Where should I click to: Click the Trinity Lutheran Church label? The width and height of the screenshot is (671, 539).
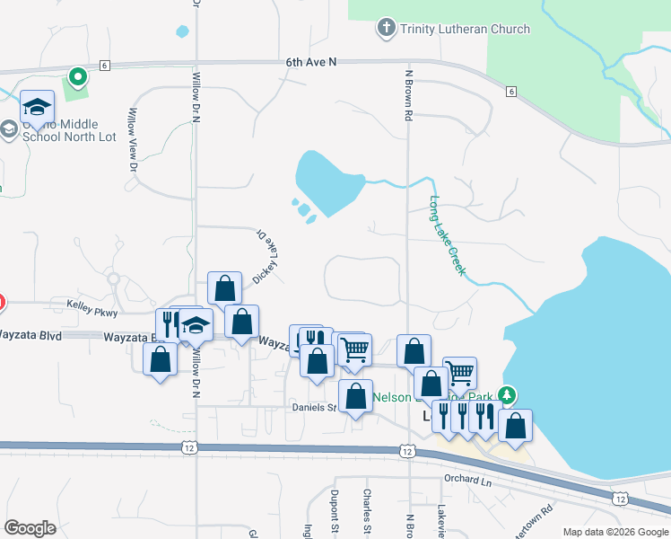point(465,29)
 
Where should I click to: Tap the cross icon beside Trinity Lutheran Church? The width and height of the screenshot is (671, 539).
point(387,28)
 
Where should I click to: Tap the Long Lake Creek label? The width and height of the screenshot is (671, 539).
point(448,235)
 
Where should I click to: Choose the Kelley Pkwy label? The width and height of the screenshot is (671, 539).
point(91,305)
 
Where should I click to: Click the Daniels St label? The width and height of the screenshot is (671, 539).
point(312,407)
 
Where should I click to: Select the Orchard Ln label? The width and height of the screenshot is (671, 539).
point(468,479)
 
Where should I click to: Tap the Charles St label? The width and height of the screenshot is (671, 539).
point(367,508)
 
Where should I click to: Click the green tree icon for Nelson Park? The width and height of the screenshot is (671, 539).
point(507,395)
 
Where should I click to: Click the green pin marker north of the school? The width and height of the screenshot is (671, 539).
point(77,77)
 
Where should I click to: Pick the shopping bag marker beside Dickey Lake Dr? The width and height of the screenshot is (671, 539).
point(224,288)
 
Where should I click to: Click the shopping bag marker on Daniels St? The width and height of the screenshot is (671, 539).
point(356,395)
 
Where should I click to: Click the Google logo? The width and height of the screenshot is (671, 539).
point(30,528)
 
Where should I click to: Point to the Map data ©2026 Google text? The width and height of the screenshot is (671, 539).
point(614,532)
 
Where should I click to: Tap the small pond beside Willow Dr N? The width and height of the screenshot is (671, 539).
point(183,31)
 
